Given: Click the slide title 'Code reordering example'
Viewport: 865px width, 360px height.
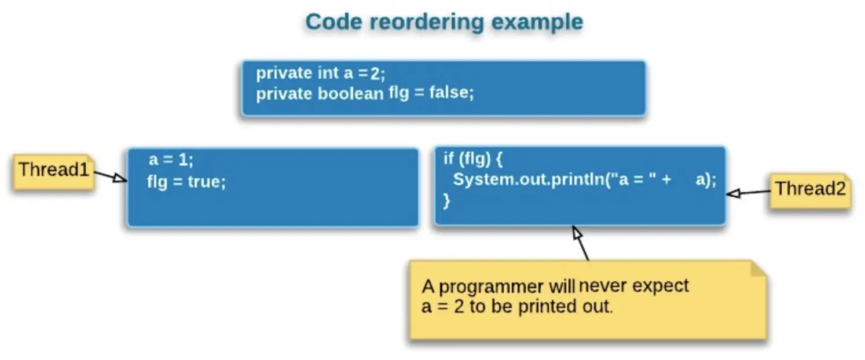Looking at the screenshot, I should (444, 23).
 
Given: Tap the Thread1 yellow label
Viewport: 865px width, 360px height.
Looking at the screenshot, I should (53, 171).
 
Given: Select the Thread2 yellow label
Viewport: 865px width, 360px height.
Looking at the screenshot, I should (809, 189).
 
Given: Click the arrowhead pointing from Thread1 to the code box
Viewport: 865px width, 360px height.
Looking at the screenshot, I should (120, 178).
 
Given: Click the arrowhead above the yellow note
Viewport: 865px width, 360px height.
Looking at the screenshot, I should (577, 233).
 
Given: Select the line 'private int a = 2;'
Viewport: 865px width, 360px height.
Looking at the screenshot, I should (320, 74).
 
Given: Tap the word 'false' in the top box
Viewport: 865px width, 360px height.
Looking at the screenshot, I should (451, 93).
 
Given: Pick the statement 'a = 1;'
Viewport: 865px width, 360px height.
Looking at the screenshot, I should (171, 160).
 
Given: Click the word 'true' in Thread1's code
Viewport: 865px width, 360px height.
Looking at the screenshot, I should (206, 182).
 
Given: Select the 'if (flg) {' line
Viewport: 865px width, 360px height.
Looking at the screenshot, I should (474, 159).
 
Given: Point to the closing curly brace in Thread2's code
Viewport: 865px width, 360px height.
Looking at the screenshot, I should (446, 201).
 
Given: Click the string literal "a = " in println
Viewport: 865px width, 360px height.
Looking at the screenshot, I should (636, 180).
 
